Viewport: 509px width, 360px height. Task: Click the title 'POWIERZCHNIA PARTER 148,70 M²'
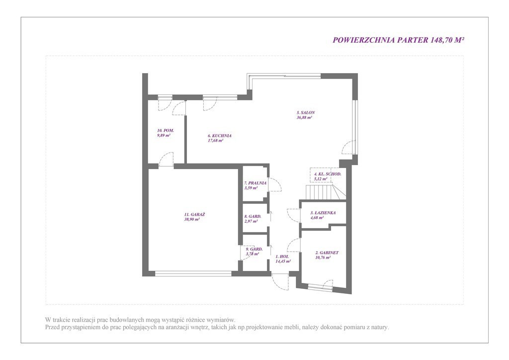click(398, 40)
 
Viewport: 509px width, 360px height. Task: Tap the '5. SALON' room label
click(306, 113)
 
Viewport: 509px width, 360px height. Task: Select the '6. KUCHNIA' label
click(220, 136)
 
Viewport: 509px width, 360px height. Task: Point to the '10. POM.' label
click(165, 130)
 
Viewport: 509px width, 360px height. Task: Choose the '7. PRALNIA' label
click(255, 183)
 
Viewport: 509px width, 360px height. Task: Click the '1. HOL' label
click(282, 257)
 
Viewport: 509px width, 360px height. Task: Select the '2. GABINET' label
click(327, 253)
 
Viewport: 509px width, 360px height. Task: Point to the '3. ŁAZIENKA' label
click(323, 213)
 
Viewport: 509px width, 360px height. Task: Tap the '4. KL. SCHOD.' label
click(328, 174)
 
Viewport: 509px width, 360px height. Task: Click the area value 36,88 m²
click(304, 117)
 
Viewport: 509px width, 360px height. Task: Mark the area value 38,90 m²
click(191, 219)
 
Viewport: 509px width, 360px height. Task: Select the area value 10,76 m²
click(323, 258)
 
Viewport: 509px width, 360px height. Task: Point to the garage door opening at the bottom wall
click(193, 273)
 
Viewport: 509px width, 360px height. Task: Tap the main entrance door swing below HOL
click(280, 282)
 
